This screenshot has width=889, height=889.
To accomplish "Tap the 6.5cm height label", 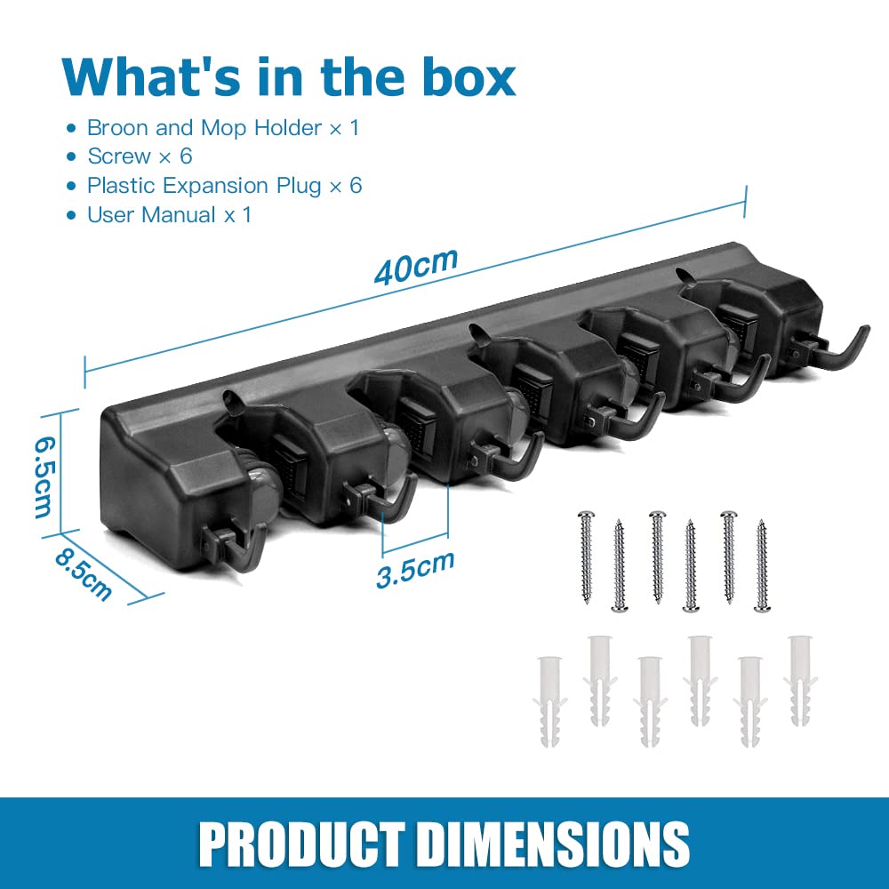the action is [x=43, y=477].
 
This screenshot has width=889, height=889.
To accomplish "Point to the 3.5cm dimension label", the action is [x=415, y=569].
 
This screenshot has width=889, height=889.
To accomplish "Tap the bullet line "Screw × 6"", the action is [x=140, y=156].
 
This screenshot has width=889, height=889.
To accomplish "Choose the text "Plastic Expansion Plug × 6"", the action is [x=225, y=186].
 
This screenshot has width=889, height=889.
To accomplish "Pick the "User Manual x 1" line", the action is [x=169, y=215].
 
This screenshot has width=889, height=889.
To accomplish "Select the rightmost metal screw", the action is [x=762, y=565].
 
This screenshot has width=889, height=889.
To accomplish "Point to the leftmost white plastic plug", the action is [x=549, y=701].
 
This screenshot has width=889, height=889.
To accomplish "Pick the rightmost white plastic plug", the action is [x=800, y=680].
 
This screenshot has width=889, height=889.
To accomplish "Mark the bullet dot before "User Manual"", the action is [x=71, y=215].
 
